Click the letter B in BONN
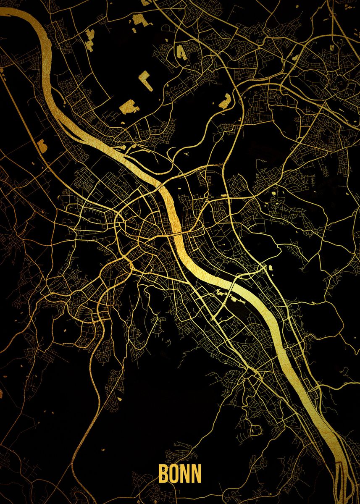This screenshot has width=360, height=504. click(x=163, y=473)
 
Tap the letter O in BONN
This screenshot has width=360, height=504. click(x=174, y=473)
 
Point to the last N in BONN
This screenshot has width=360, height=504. click(x=196, y=473)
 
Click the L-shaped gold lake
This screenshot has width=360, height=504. click(x=145, y=79)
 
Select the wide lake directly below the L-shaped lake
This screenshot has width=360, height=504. click(x=129, y=107)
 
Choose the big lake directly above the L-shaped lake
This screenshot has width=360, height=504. click(x=181, y=52)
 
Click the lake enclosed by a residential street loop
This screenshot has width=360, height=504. click(x=255, y=430)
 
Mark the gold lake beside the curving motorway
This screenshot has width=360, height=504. click(x=225, y=101)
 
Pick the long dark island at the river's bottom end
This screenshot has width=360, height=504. click(x=341, y=483)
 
